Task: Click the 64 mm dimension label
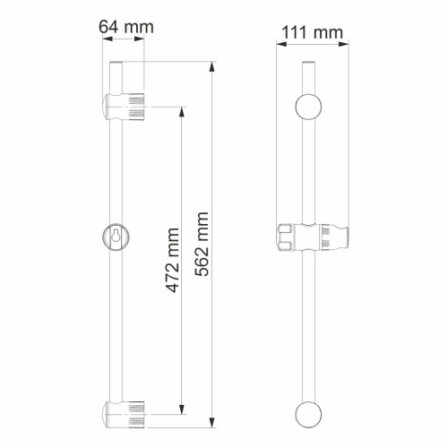[125, 27]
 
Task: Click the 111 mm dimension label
[311, 33]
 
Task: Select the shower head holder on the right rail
[313, 238]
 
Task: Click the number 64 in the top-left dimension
[108, 27]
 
